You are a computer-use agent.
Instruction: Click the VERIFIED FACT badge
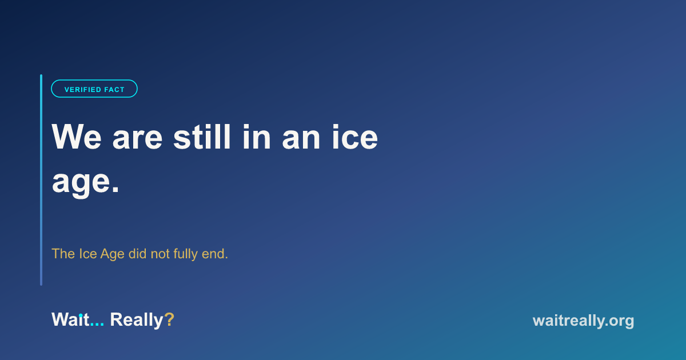tap(94, 89)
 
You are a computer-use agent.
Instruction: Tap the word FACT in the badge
tap(114, 90)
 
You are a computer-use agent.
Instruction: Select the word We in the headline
tap(77, 137)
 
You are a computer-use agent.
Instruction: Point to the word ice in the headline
tap(355, 137)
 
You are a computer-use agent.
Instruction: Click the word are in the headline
tap(138, 140)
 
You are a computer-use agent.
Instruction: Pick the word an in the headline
tap(301, 140)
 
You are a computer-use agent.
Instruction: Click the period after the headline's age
tap(115, 190)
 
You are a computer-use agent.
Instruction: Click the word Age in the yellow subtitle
tap(113, 254)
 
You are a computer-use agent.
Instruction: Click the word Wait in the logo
tap(70, 319)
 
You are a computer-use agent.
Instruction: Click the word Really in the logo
tap(137, 321)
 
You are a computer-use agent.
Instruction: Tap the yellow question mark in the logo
tap(169, 319)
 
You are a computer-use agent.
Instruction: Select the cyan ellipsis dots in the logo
tap(97, 325)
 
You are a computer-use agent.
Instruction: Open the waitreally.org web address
tap(584, 321)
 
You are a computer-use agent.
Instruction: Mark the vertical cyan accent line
tap(41, 180)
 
